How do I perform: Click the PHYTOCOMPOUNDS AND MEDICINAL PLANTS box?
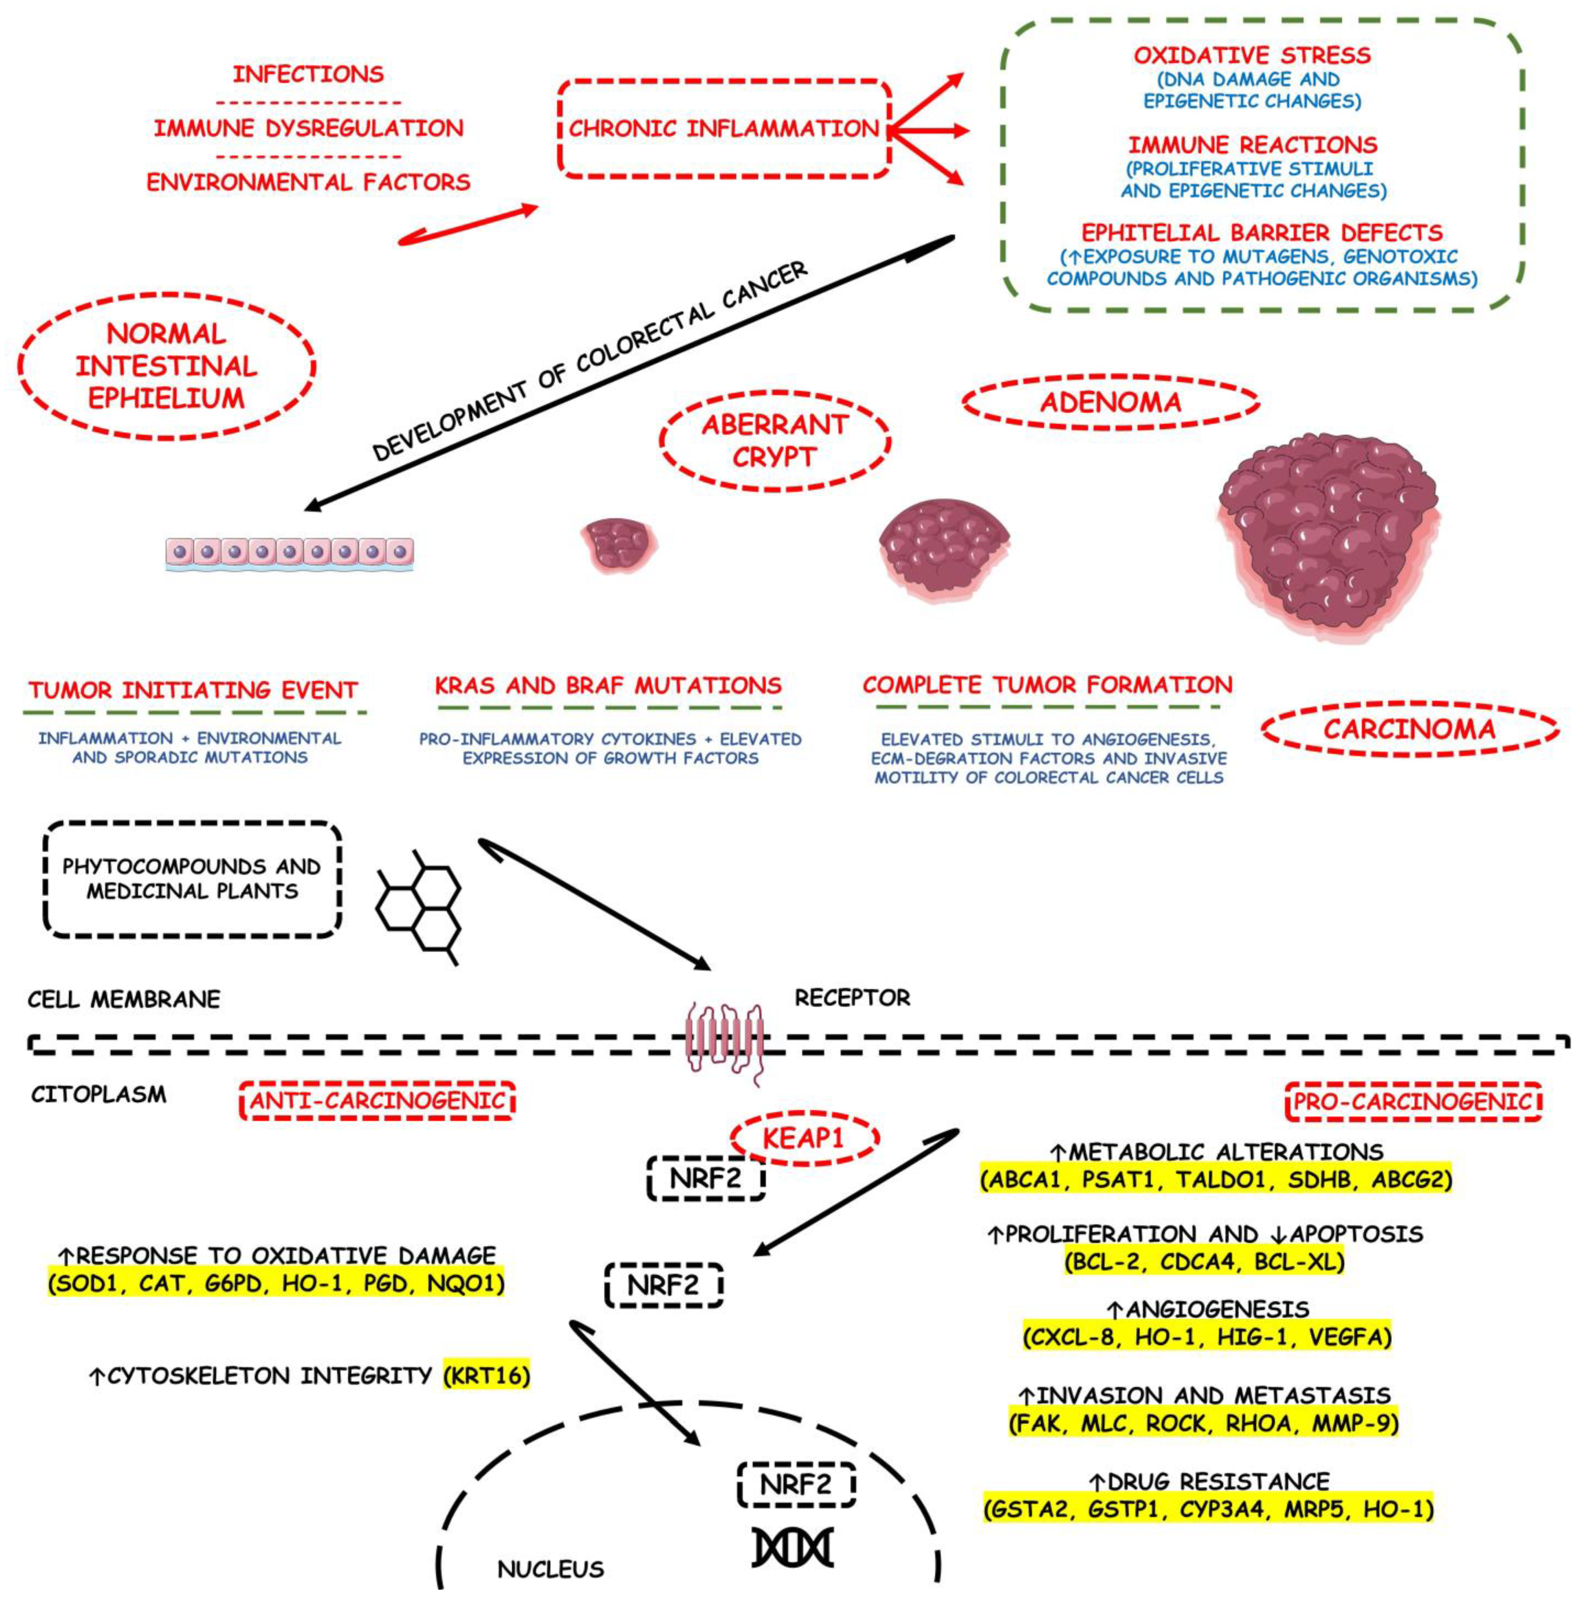[x=192, y=879]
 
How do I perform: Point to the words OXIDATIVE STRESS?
[x=1252, y=56]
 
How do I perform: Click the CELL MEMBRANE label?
[x=124, y=999]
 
